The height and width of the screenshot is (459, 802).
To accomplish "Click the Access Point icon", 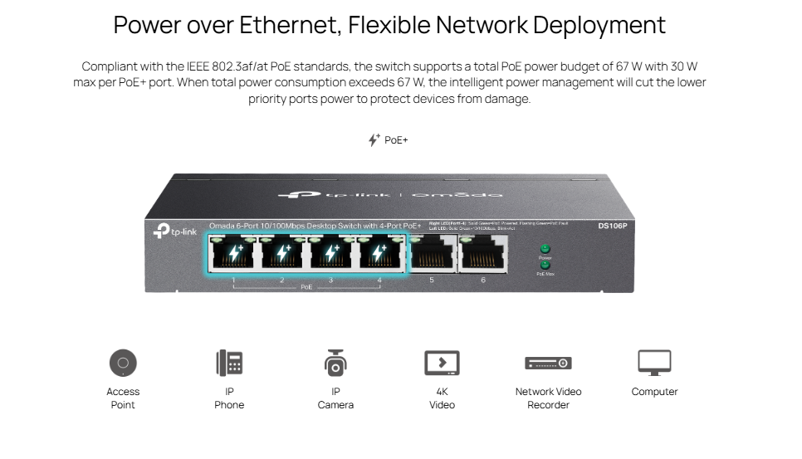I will pos(123,363).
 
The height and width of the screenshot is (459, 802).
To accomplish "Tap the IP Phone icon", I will pos(229,363).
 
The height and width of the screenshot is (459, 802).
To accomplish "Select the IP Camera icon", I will pos(335,362).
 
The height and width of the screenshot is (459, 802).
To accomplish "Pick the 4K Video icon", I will pos(442,363).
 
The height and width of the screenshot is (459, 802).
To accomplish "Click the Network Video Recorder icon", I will pos(548,363).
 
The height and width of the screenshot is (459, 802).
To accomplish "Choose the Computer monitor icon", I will pos(654,362).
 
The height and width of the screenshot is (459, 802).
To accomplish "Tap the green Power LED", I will pos(545,248).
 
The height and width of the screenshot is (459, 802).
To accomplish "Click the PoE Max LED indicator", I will pos(545,265).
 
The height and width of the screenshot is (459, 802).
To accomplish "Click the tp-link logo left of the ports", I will pos(175,232).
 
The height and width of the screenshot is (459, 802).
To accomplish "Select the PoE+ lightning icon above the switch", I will pos(374,139).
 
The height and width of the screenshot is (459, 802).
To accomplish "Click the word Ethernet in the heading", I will pos(286,25).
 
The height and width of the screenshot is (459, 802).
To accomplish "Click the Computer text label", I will pos(654,392).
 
